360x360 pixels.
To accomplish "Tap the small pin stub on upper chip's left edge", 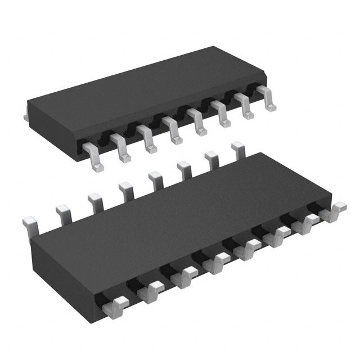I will [x=26, y=116].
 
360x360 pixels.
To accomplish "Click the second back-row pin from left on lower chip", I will [x=63, y=213].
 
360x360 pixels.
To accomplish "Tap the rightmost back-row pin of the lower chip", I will [x=238, y=149].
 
